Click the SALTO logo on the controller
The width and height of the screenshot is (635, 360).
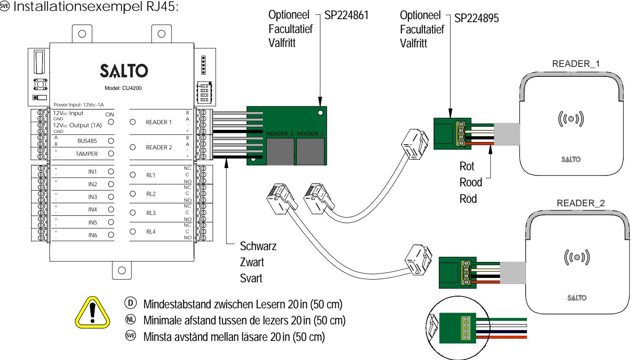124,71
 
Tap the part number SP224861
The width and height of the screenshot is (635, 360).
346,15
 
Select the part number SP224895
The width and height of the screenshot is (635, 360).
477,18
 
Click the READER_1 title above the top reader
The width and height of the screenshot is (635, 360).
576,64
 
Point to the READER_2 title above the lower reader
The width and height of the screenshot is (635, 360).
581,203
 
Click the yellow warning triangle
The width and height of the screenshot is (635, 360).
92,313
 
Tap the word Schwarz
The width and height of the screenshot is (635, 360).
258,246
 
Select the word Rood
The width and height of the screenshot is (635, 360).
470,182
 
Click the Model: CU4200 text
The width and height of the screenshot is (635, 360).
123,88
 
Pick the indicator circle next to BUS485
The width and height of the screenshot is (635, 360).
111,141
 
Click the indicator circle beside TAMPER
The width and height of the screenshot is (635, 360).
111,153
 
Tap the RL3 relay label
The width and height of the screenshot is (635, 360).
151,213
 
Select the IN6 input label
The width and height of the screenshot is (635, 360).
93,235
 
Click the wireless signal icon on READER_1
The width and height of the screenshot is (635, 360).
571,119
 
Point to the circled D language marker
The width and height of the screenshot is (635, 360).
130,303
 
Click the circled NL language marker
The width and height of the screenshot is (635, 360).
130,320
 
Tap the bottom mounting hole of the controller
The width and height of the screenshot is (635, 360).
122,271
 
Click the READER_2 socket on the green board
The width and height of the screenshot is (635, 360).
280,152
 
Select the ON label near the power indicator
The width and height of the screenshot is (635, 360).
109,115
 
